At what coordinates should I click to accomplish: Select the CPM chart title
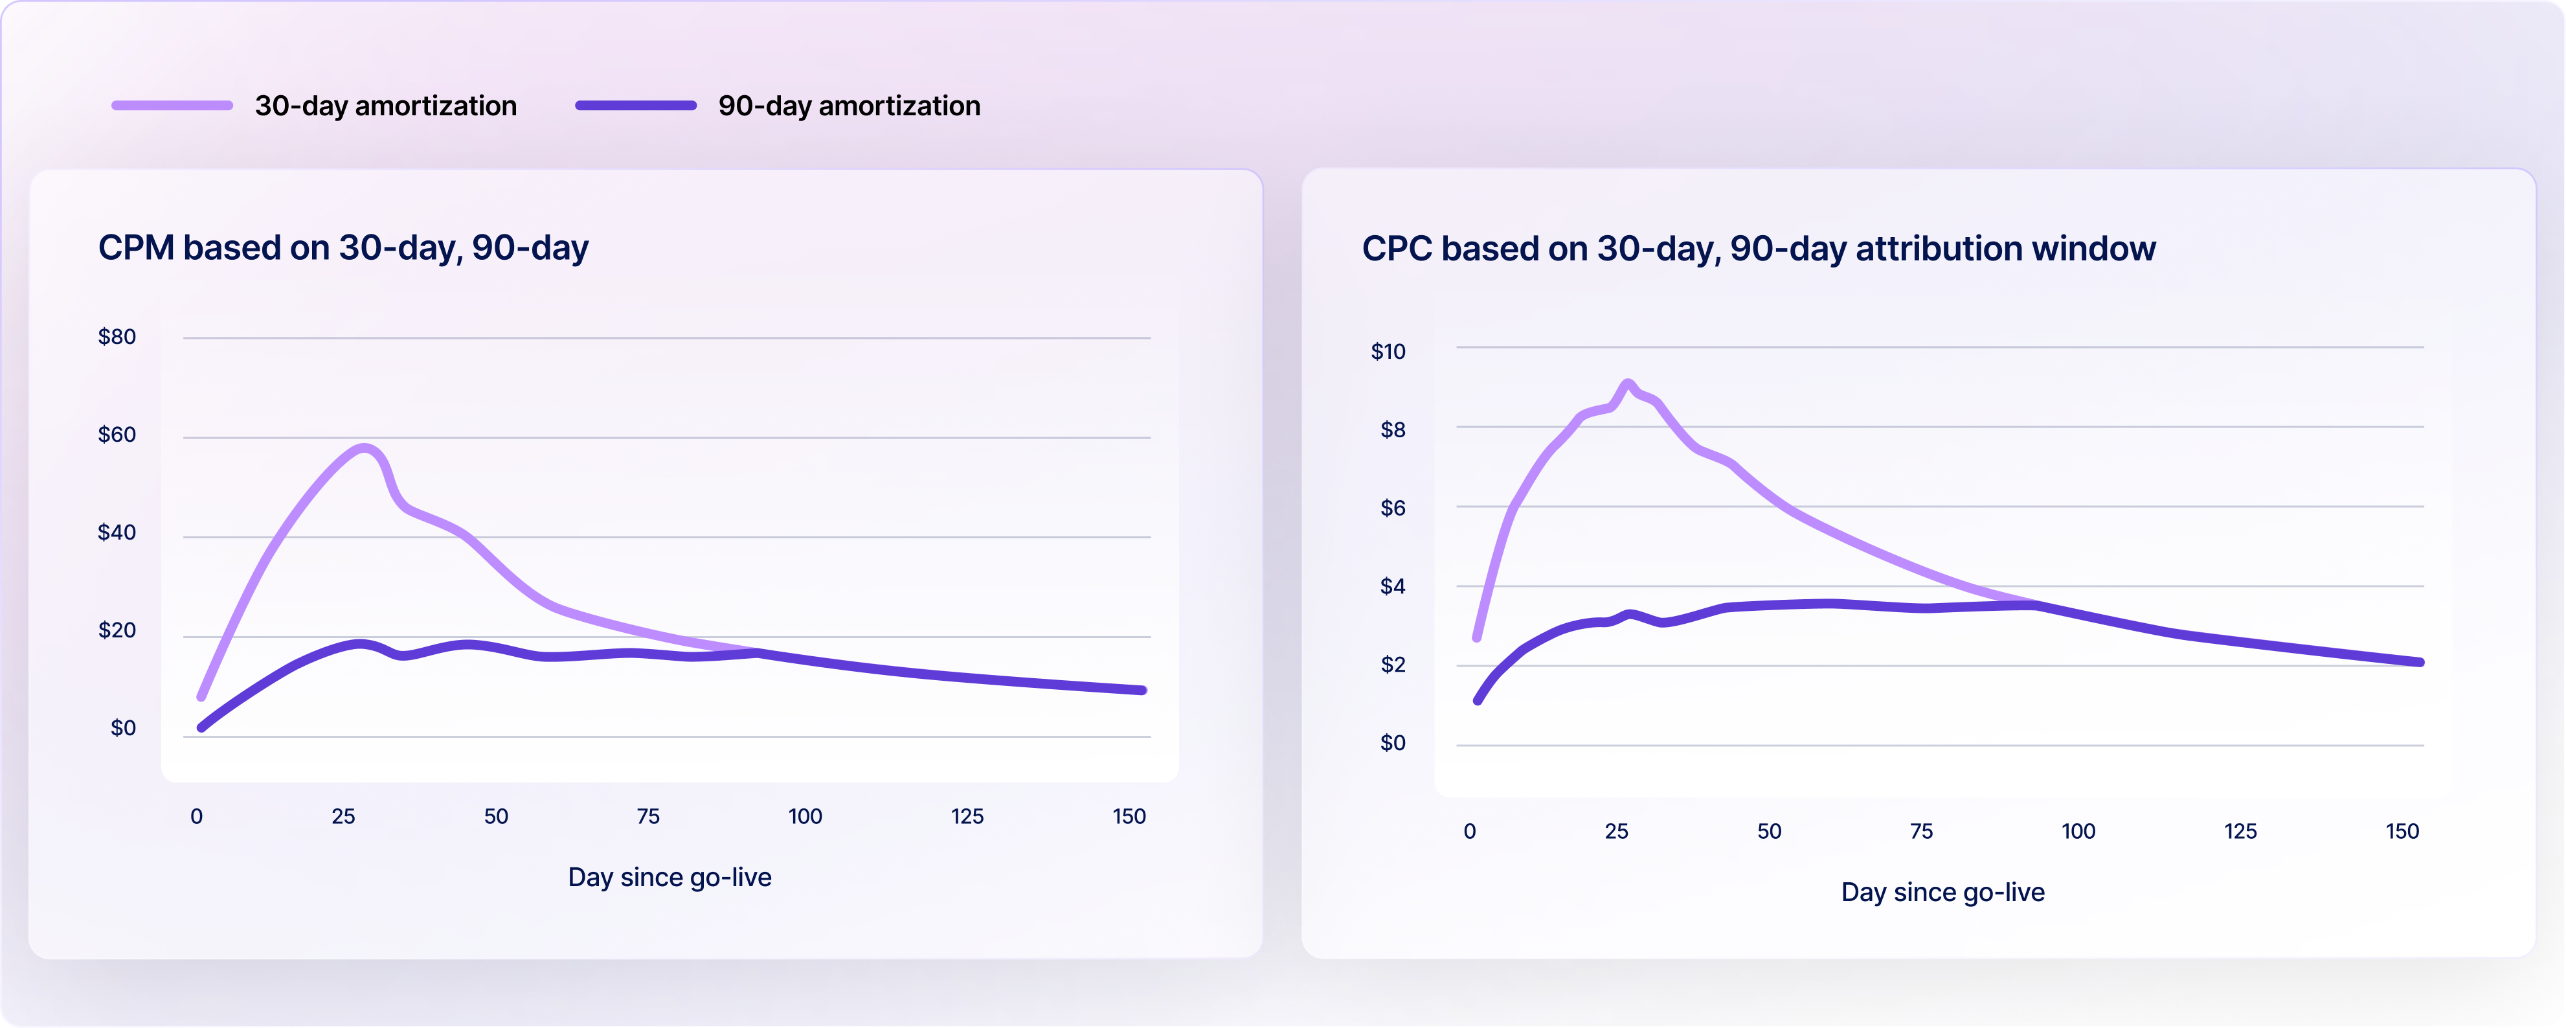[x=343, y=247]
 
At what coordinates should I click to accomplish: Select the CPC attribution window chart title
[x=1758, y=248]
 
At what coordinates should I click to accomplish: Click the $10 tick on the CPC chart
[x=1388, y=352]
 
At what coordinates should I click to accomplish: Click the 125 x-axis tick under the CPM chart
[x=966, y=817]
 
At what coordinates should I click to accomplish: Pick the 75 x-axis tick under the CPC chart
[x=1920, y=832]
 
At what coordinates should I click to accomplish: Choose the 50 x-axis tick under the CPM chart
[x=495, y=817]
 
